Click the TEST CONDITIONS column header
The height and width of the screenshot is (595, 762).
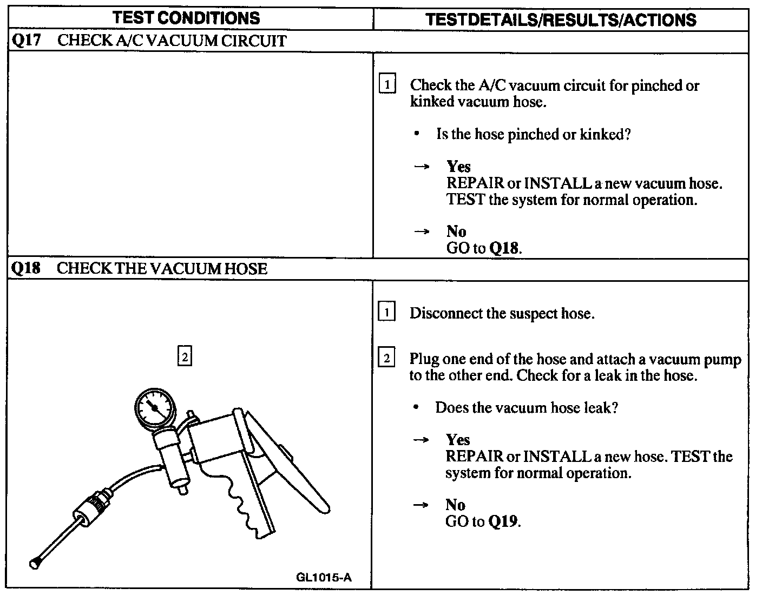tap(187, 18)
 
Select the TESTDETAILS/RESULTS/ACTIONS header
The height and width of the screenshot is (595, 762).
tap(561, 19)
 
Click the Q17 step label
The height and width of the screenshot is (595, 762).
tap(26, 41)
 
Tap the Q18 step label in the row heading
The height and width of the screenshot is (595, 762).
tap(26, 268)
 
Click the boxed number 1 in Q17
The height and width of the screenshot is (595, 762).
tap(387, 85)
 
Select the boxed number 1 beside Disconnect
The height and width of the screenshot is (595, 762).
tap(386, 313)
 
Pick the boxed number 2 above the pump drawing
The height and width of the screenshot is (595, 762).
tap(185, 356)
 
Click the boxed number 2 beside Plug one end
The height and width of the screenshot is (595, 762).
tap(386, 358)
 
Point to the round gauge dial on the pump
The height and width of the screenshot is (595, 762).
tap(155, 407)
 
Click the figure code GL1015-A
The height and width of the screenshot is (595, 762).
tap(324, 577)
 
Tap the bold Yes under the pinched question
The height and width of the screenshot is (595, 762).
tap(458, 167)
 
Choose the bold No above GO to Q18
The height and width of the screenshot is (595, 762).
tap(456, 232)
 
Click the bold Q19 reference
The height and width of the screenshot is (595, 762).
tap(503, 521)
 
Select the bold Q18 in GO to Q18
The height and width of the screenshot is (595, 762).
tap(504, 248)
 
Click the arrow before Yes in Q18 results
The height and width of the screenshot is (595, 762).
tap(421, 440)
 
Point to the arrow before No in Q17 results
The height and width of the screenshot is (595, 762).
tap(422, 232)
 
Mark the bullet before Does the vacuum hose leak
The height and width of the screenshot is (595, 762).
tap(415, 407)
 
